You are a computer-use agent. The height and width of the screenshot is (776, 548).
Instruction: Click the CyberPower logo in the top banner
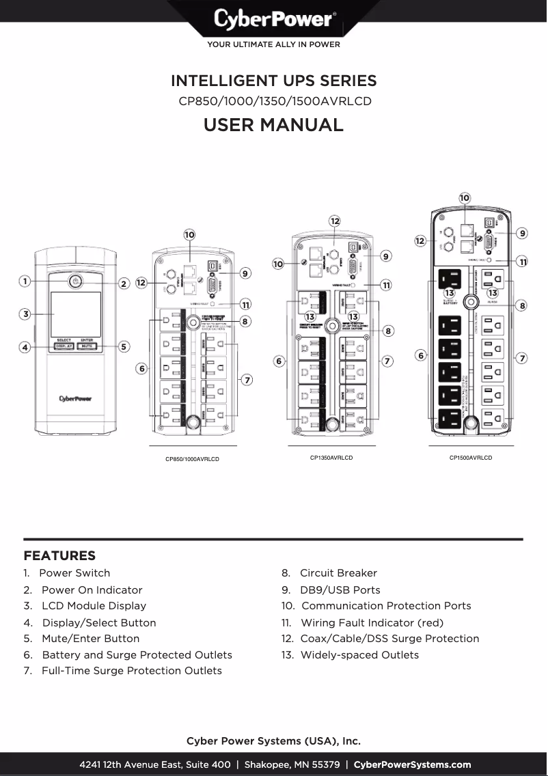[x=273, y=19]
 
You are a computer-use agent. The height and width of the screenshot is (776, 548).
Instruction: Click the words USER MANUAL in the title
[x=273, y=125]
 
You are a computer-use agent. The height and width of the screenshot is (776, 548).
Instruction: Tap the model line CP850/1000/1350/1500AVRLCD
[x=273, y=102]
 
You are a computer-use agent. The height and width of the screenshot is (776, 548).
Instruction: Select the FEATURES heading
[x=59, y=555]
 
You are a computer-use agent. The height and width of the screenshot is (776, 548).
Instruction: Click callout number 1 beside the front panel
[x=24, y=281]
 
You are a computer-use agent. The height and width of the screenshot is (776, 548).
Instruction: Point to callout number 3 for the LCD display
[x=24, y=314]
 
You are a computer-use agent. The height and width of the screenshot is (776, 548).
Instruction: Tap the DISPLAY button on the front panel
[x=64, y=346]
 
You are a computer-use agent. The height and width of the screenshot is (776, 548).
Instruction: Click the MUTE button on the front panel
[x=87, y=346]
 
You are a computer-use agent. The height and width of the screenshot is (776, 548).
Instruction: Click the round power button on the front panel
[x=75, y=281]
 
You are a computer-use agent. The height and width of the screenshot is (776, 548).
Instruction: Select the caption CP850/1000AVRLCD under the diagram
[x=192, y=459]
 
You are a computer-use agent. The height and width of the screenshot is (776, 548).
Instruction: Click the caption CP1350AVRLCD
[x=331, y=458]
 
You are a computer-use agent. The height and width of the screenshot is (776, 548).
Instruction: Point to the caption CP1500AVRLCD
[x=470, y=458]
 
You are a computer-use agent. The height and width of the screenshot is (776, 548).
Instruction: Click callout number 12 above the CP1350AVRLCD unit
[x=335, y=221]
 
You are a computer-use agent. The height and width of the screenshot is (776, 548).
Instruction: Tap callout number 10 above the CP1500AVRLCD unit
[x=465, y=197]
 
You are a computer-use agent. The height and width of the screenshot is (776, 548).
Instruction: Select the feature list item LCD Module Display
[x=94, y=605]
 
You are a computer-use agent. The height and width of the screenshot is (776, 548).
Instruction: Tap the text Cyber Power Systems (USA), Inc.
[x=273, y=740]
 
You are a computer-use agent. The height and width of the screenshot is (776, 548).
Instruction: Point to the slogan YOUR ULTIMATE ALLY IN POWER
[x=273, y=45]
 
